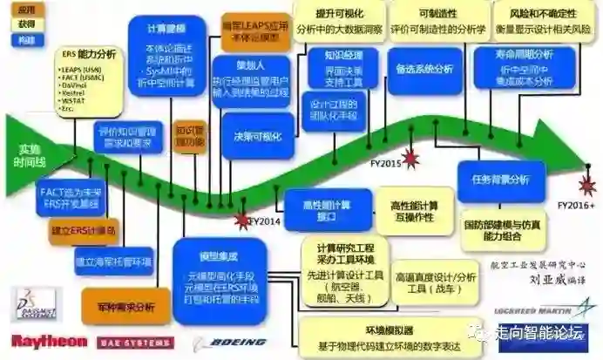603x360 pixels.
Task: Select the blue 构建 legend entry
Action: click(26, 40)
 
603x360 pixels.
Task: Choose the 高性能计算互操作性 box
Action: click(413, 208)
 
